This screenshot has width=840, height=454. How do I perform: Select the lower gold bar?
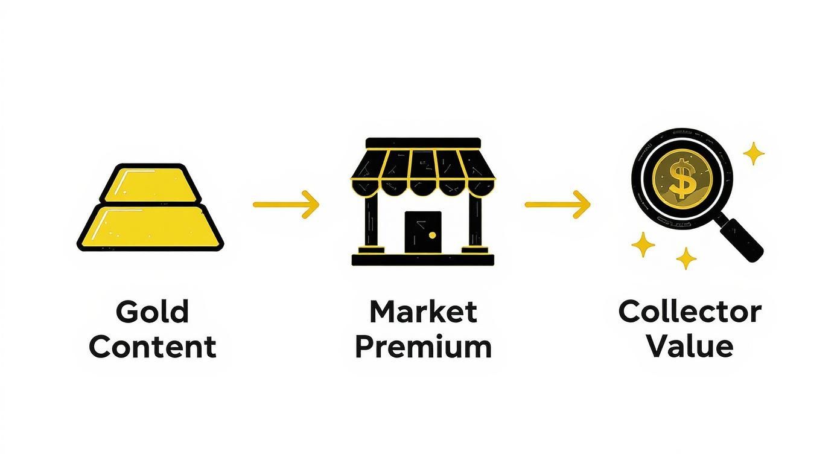pos(150,227)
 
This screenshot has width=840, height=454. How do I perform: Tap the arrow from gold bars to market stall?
pos(285,204)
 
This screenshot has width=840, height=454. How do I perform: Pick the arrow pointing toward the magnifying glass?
pos(557,204)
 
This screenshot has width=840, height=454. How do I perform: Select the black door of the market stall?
pos(422,232)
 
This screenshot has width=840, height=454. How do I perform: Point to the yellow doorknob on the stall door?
pos(432,235)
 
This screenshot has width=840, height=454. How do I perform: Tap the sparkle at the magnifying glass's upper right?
pos(753,153)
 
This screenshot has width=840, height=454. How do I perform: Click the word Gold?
pos(152,312)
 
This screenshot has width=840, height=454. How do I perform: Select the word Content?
pos(152,347)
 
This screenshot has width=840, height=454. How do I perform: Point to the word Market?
pos(423,312)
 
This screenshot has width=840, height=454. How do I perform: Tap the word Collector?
pos(690,312)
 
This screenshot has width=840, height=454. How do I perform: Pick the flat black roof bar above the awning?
pos(423,142)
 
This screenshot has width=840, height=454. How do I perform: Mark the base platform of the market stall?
pos(423,260)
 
